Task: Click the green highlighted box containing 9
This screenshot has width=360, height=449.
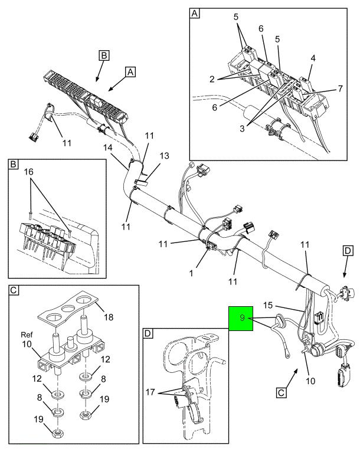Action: (x=241, y=318)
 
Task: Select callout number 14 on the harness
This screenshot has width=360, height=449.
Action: (x=107, y=148)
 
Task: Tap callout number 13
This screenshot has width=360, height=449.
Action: (x=165, y=156)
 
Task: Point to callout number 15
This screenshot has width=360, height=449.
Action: (x=268, y=305)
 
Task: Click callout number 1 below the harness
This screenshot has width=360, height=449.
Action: (x=191, y=273)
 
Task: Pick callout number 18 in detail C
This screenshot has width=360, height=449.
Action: (x=109, y=317)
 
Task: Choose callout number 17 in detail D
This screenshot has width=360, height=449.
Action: (x=150, y=392)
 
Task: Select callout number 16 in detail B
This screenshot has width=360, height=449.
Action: (x=29, y=172)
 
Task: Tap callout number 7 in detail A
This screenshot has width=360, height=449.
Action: (x=340, y=89)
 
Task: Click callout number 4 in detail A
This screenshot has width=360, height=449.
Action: (x=313, y=58)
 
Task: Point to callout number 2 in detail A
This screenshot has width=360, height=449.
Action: (x=212, y=78)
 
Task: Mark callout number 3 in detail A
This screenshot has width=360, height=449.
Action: (x=243, y=129)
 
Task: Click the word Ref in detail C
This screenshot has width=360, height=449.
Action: (x=27, y=335)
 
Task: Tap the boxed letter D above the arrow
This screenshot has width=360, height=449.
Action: (x=348, y=251)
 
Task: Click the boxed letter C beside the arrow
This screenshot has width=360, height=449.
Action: (x=281, y=392)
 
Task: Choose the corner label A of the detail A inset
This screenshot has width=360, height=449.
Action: (x=194, y=13)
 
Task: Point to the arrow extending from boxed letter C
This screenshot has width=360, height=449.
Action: (x=292, y=379)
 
